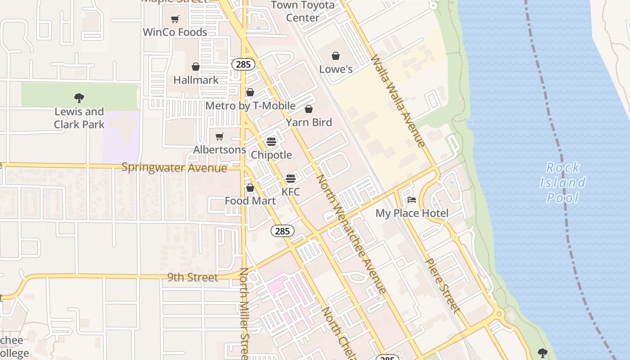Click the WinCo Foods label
coord(175,32)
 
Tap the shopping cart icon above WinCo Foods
coord(175,19)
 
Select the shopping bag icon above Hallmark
coord(196,67)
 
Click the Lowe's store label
coord(336,69)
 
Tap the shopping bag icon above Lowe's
coord(336,56)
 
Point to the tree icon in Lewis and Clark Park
coord(79,98)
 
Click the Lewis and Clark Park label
coord(79,118)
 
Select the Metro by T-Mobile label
coord(250,106)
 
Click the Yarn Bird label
coord(309,122)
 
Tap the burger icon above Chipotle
coord(271,142)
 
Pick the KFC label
coord(291,192)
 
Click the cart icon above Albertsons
coord(220,136)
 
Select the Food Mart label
coord(250,201)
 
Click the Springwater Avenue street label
coord(174,168)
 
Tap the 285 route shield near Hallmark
coord(243,64)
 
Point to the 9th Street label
coord(193,277)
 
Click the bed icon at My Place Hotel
coord(412,200)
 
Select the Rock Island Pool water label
coord(562,182)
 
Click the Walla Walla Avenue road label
coord(398,101)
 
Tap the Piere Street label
coord(443,285)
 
